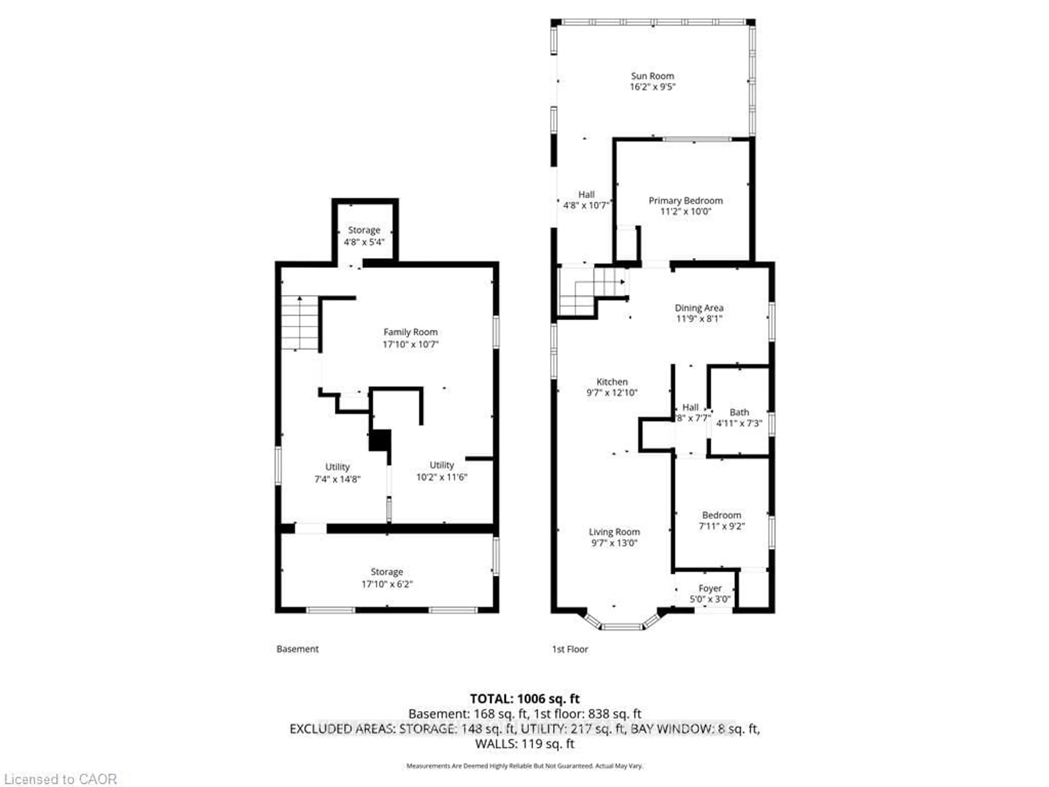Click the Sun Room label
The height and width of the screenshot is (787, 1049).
pyautogui.click(x=652, y=76)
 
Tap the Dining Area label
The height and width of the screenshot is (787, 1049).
pyautogui.click(x=699, y=308)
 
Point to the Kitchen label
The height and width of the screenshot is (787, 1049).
pyautogui.click(x=612, y=382)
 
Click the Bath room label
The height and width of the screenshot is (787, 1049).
pyautogui.click(x=739, y=412)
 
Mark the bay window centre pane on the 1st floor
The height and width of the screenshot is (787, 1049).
pyautogui.click(x=622, y=627)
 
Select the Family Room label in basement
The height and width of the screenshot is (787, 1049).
pyautogui.click(x=410, y=332)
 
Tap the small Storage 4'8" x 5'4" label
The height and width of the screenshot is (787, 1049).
pyautogui.click(x=364, y=230)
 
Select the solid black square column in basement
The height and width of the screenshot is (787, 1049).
pyautogui.click(x=380, y=440)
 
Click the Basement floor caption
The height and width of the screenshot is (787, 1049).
pyautogui.click(x=297, y=649)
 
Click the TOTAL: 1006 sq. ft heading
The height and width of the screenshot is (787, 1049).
pyautogui.click(x=524, y=699)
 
